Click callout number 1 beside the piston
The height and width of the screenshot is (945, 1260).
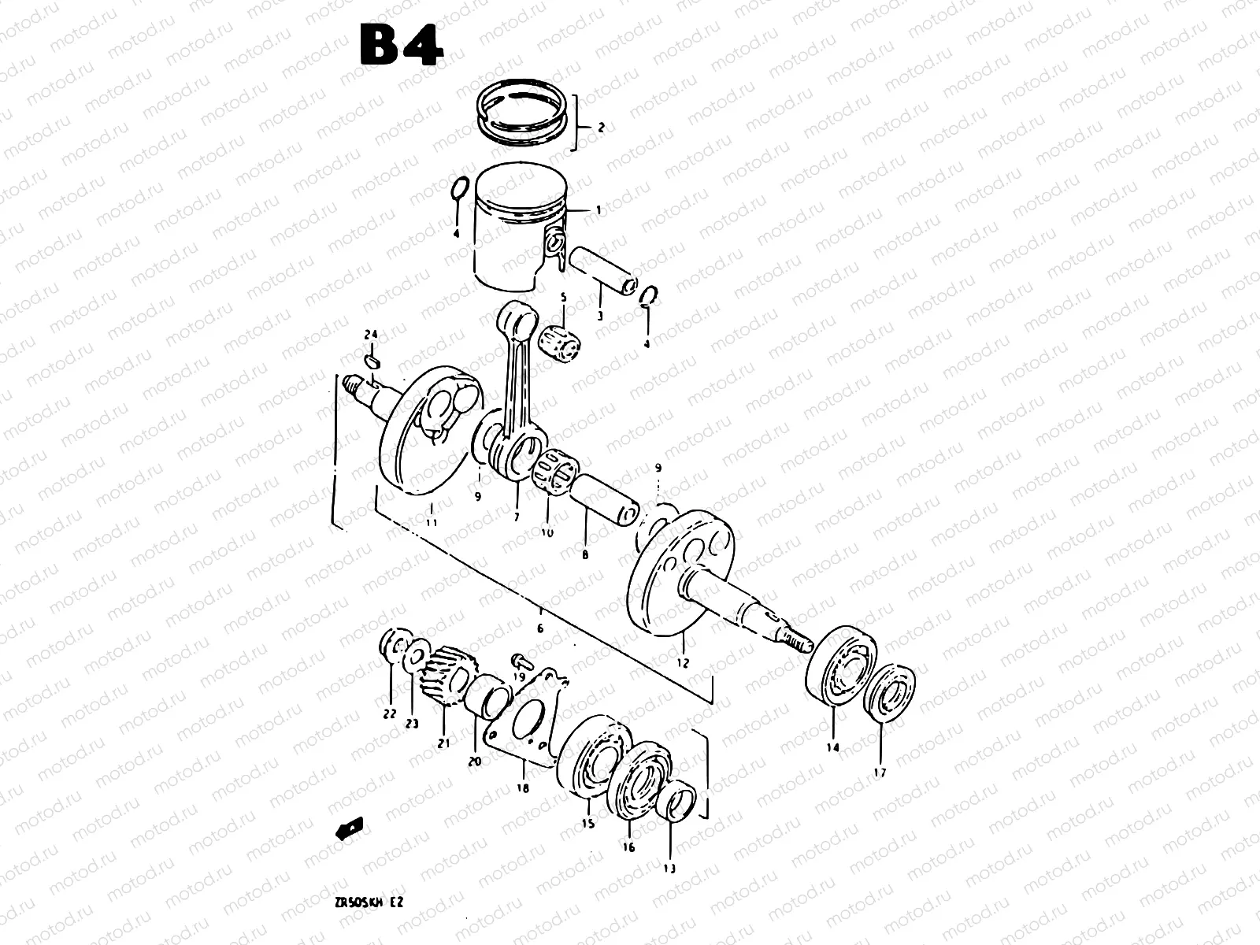(x=598, y=210)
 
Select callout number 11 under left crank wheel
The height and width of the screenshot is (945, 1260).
(x=432, y=521)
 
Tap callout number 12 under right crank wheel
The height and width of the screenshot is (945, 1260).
(x=682, y=663)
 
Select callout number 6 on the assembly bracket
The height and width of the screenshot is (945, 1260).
(x=539, y=628)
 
